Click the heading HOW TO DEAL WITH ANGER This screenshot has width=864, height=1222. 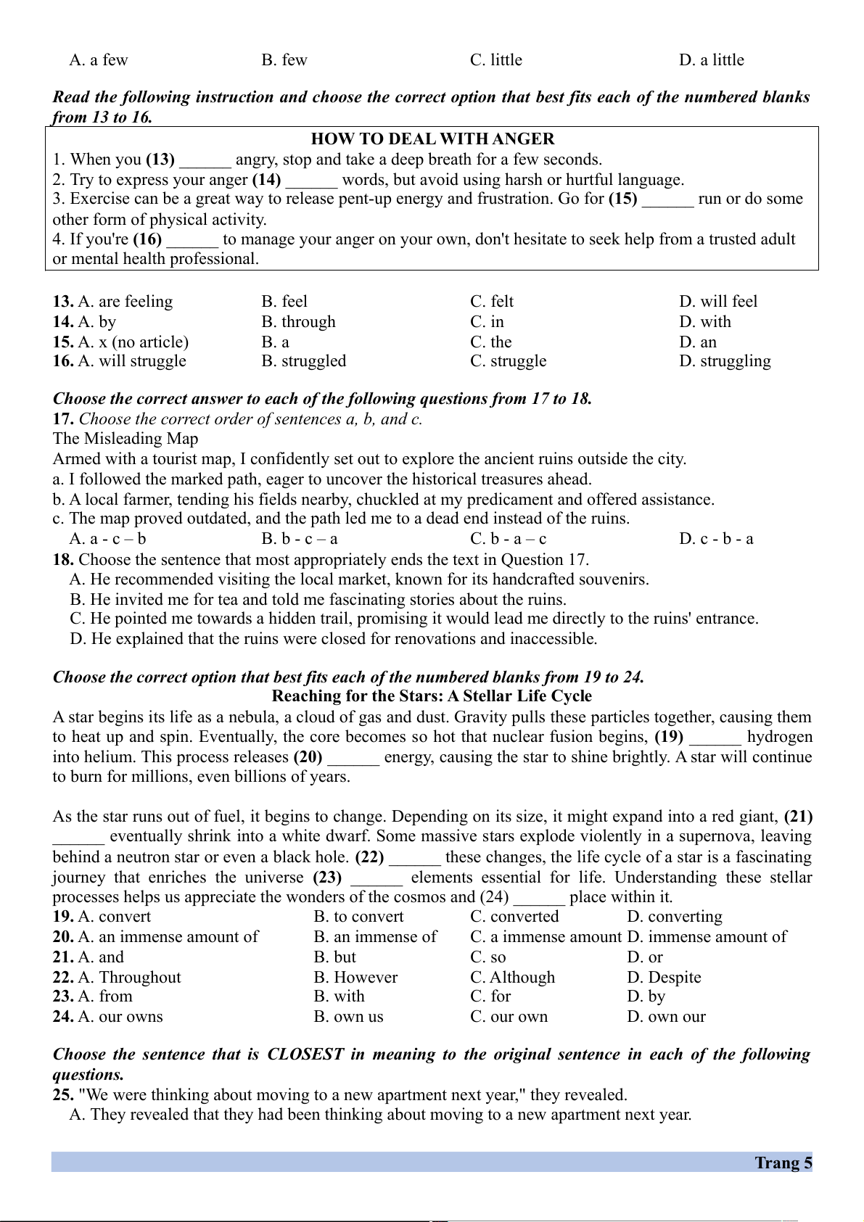(432, 139)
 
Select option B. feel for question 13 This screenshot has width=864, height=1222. (284, 302)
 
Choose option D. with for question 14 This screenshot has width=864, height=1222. (705, 322)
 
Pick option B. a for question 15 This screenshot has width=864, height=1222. (276, 342)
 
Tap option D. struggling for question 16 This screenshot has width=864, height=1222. (725, 361)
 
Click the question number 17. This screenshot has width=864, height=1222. (63, 419)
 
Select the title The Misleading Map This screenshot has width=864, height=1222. (126, 439)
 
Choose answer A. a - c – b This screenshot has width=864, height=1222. (108, 539)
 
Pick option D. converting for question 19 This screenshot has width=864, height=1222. (675, 917)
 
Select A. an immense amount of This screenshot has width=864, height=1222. (168, 937)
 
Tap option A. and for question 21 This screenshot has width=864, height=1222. (101, 957)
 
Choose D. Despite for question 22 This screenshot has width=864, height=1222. (664, 978)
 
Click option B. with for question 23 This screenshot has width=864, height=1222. (340, 996)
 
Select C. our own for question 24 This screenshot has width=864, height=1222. (509, 1017)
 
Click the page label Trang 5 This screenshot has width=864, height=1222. (783, 1163)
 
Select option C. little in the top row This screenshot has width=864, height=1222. (496, 60)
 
